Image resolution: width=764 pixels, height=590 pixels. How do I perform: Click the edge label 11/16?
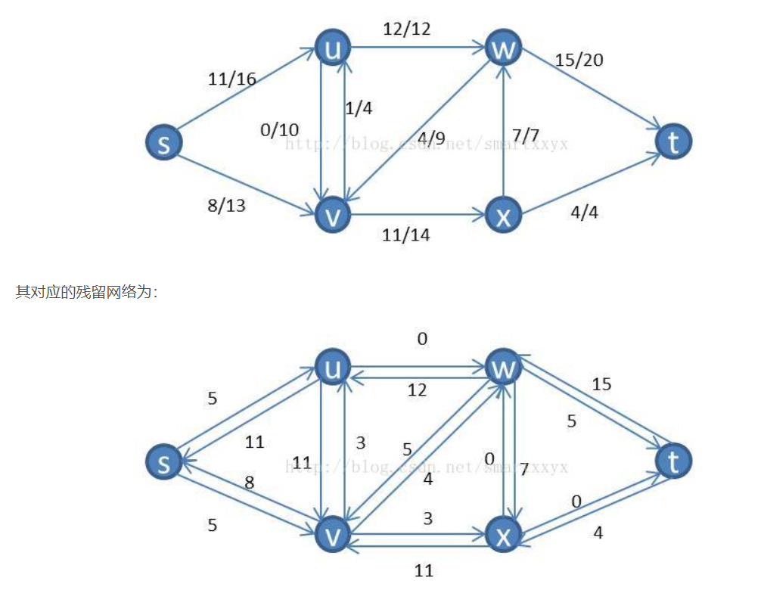[x=231, y=79]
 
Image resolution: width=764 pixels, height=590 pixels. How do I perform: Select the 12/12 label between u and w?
[x=406, y=29]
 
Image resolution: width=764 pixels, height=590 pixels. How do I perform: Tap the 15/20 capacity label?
[x=579, y=60]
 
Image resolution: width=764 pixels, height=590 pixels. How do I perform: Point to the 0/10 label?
[x=279, y=130]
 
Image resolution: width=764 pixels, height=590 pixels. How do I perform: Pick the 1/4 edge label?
[x=358, y=108]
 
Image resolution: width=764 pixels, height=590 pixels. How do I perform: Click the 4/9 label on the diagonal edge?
[x=430, y=138]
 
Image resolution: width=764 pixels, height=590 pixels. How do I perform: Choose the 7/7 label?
[x=525, y=135]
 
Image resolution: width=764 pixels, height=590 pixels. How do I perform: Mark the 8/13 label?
[x=226, y=205]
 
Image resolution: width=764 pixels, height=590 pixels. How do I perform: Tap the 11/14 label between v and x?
[x=406, y=235]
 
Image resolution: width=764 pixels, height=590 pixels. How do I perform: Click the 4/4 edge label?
[x=583, y=213]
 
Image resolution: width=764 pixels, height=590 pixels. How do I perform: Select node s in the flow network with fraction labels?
[x=164, y=142]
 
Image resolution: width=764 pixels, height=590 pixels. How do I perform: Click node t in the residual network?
[x=673, y=461]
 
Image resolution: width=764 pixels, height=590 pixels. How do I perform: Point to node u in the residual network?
[x=333, y=368]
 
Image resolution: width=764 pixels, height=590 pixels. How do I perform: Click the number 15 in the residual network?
[x=601, y=384]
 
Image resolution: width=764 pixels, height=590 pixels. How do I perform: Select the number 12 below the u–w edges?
[x=417, y=390]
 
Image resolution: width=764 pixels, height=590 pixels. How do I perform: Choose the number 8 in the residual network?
[x=249, y=482]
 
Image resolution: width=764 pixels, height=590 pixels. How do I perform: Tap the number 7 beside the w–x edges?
[x=524, y=469]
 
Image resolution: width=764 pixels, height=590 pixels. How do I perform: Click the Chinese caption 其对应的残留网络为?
[x=86, y=292]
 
